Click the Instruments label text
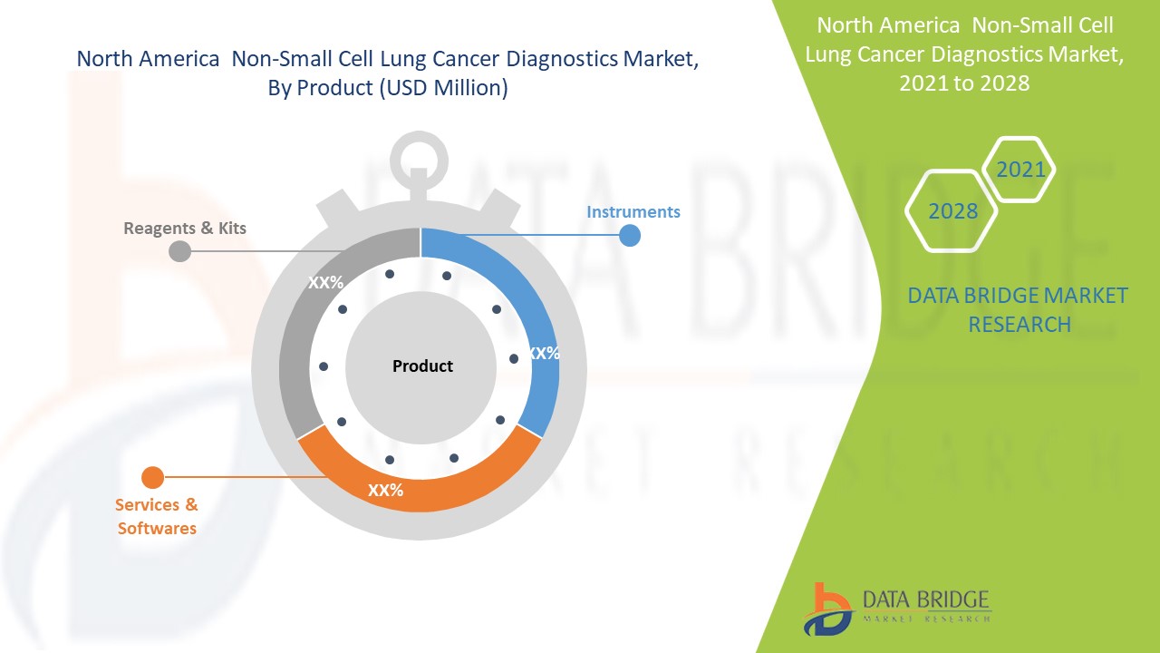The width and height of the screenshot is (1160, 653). pos(633,211)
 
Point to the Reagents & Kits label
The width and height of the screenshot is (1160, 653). pos(185,227)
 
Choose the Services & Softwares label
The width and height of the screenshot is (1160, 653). pos(157,516)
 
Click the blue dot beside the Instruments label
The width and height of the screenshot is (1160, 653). pos(630,236)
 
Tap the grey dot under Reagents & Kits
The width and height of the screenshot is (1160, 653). pos(180,250)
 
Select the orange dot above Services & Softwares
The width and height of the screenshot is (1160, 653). pos(153,477)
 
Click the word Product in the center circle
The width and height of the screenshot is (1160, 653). pos(422,366)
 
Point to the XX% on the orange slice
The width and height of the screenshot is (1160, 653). pos(385,490)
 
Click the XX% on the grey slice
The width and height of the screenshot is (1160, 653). pos(325,283)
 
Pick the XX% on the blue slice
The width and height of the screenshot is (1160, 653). pos(543,354)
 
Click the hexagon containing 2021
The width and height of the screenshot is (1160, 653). pos(1020,170)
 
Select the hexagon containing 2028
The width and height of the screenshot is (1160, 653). pos(952,211)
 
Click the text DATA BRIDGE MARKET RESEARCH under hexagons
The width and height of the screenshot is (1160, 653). pos(1019,309)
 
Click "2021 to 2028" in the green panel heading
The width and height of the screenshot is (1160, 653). pos(964,83)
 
